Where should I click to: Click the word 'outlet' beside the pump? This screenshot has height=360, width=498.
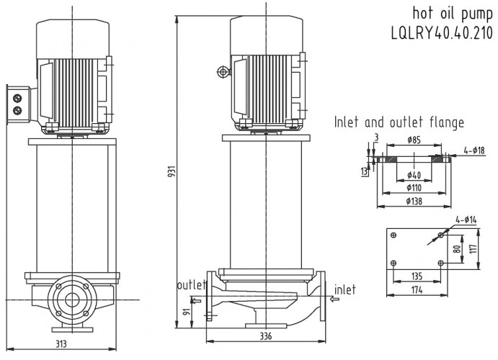[x=191, y=285]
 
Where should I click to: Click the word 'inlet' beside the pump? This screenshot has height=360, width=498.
[x=344, y=289]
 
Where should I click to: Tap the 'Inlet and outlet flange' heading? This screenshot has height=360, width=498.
[x=399, y=122]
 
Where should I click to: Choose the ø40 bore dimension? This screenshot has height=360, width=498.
[x=414, y=175]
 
